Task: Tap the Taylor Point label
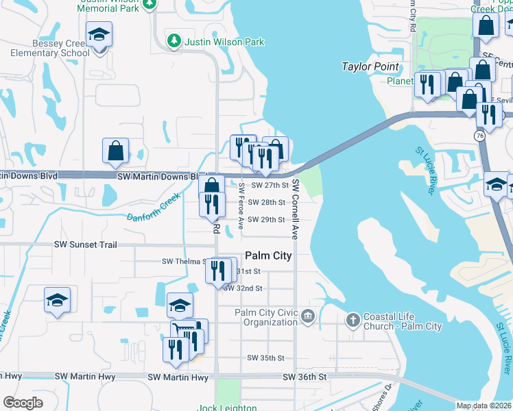coord(370,66)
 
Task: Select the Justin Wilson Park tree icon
coord(175,42)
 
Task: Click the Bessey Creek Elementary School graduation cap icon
coord(99,34)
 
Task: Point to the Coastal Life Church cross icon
coord(353,320)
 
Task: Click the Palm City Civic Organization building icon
coord(307,316)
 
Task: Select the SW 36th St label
coord(302,377)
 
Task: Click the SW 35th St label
coord(265,358)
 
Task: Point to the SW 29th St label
coord(266,220)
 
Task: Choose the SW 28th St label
coord(266,203)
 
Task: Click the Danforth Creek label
coord(154,208)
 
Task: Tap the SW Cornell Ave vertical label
coord(296,209)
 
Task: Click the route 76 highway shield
coord(479,136)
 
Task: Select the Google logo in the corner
coord(23,403)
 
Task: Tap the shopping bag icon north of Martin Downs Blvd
coord(116,151)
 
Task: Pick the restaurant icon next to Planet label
coord(427,85)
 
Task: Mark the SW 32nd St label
coord(243,288)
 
